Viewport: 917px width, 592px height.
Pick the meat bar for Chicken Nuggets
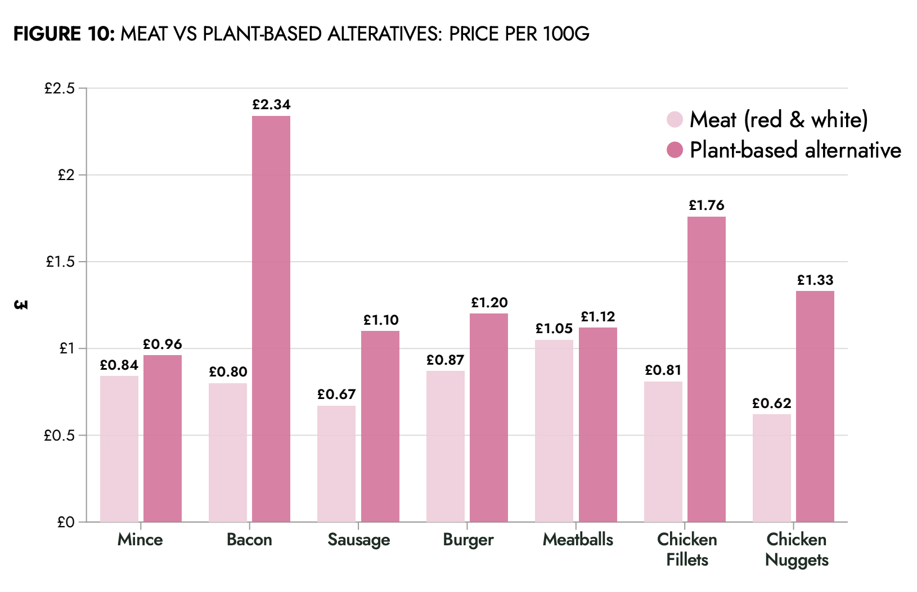772,468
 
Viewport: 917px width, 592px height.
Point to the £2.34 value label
271,105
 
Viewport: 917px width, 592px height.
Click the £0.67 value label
336,394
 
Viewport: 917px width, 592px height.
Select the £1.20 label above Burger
489,303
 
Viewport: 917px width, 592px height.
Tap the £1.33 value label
815,280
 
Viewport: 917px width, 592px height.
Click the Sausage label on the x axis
359,540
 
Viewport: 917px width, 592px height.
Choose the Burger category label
468,540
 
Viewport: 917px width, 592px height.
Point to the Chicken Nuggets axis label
797,550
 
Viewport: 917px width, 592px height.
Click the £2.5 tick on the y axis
60,88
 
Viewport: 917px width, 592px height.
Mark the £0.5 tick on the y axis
60,436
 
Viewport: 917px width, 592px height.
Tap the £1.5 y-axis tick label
60,262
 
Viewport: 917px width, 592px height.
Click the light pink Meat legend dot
675,119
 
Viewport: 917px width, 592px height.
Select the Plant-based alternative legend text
795,150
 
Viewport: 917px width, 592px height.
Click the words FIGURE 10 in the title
64,34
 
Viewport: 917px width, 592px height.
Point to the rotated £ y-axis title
21,304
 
